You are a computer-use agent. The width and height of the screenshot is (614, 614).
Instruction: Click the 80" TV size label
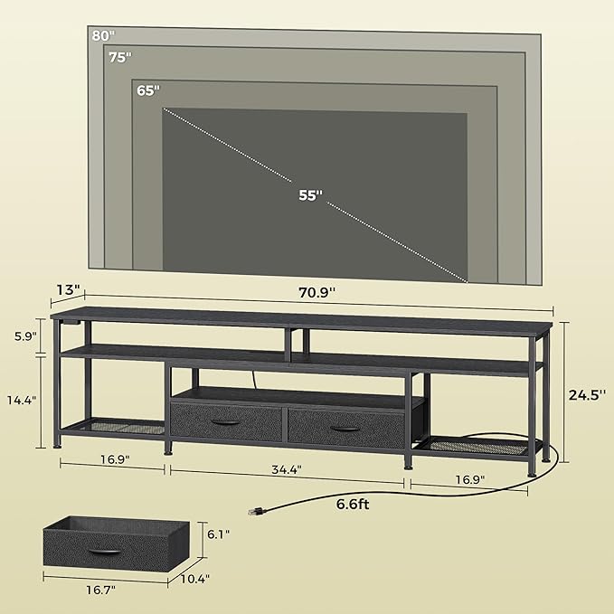tap(102, 36)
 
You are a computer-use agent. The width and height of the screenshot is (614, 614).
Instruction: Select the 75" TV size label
tap(119, 57)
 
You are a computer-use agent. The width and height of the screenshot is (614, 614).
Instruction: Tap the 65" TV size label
tap(147, 90)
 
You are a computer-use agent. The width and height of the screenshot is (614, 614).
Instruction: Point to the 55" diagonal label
tap(309, 195)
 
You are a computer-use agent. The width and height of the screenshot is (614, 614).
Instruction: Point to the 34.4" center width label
tap(285, 469)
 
